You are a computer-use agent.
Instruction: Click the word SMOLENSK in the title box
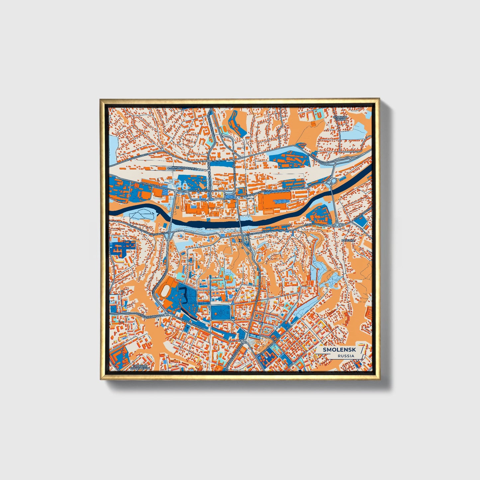pyautogui.click(x=336, y=350)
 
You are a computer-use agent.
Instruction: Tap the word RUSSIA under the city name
pyautogui.click(x=345, y=356)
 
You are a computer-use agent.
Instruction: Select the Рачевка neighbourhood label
pyautogui.click(x=348, y=240)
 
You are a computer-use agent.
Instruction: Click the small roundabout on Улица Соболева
pyautogui.click(x=337, y=225)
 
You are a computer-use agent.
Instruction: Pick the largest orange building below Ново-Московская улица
pyautogui.click(x=271, y=202)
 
